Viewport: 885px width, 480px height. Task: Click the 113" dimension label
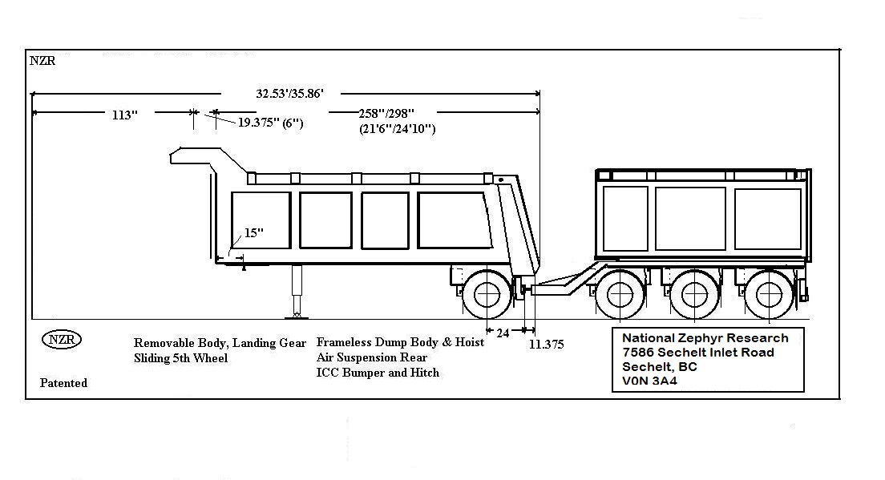[x=124, y=115]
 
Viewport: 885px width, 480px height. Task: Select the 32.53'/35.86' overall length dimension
[x=289, y=94]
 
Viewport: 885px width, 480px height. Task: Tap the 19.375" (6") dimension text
[x=270, y=123]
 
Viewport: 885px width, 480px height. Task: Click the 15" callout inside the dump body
[x=254, y=232]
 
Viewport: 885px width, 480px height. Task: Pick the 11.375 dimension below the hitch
[x=546, y=345]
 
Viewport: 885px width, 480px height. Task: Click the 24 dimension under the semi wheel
[x=503, y=333]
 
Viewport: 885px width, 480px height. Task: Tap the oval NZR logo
[x=61, y=339]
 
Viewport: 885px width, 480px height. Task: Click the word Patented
[x=63, y=383]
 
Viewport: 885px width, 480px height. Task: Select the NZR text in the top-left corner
[x=42, y=61]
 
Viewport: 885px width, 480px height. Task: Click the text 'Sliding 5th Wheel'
[x=180, y=358]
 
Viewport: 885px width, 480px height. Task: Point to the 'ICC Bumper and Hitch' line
[x=378, y=373]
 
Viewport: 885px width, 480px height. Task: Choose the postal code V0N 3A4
[x=650, y=381]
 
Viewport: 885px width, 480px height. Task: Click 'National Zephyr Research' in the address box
[x=705, y=338]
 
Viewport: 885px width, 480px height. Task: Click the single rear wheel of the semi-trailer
[x=487, y=295]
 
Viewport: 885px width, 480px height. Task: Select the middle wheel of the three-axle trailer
[x=695, y=295]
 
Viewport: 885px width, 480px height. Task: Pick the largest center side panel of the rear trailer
[x=690, y=218]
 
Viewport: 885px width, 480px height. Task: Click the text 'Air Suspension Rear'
[x=372, y=357]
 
